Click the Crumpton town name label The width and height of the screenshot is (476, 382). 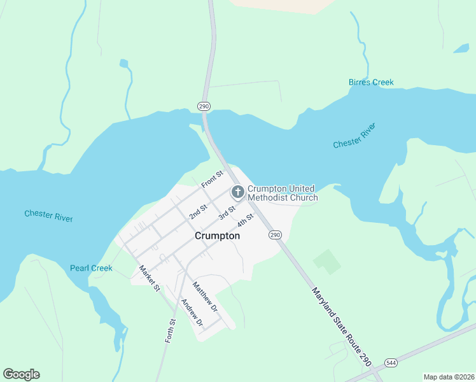217,236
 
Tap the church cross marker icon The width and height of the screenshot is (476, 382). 237,192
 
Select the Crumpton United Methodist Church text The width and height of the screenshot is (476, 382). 282,193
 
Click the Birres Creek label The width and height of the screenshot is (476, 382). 371,82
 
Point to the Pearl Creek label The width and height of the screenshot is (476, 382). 91,268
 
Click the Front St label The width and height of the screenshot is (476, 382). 213,179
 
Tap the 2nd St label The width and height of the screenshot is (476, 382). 199,211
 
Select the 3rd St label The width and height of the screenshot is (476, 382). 227,213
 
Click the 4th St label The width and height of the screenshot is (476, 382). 246,220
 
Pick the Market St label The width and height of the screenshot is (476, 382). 150,279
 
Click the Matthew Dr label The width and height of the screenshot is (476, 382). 205,297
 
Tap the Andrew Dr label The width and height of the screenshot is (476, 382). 192,313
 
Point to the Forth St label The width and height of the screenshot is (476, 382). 170,330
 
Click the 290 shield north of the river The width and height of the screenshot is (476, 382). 204,106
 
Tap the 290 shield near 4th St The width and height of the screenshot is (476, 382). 274,235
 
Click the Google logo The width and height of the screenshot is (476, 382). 21,374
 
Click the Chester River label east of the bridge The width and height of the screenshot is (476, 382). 354,136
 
